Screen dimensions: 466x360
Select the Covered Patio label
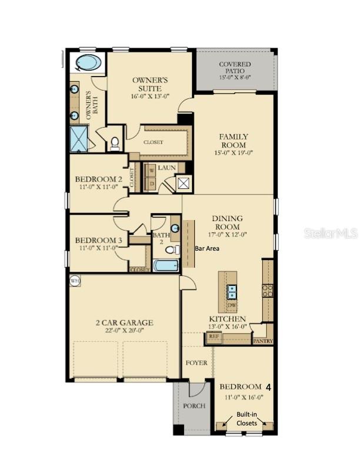pos(235,68)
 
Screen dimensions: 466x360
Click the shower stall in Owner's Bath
pos(79,139)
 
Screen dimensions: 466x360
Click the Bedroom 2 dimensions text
pos(98,187)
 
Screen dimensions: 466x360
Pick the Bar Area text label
pos(207,249)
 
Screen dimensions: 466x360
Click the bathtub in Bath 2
pos(165,265)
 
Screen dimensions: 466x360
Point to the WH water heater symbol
pos(75,281)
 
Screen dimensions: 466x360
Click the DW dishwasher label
pos(232,306)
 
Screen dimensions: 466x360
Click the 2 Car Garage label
pos(124,322)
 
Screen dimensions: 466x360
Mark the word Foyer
pos(196,363)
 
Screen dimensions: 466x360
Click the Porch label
pos(194,406)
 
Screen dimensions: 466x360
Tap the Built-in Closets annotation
pos(247,418)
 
